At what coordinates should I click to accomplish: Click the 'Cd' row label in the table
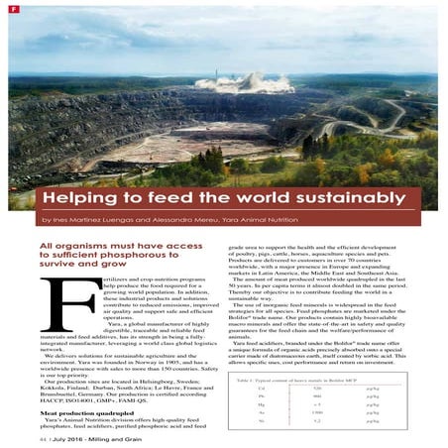pos(261,390)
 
